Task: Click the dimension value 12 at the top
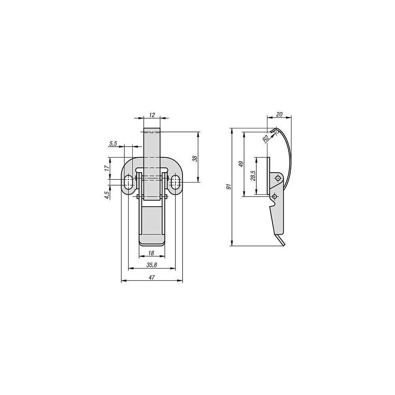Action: [x=152, y=115]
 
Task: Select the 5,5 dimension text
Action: [x=113, y=144]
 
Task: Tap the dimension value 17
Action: [x=107, y=168]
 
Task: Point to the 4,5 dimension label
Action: [x=107, y=195]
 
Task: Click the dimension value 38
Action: [x=195, y=158]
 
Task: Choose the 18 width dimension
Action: [x=151, y=253]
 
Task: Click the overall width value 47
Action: [x=151, y=278]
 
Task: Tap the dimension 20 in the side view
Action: [x=279, y=115]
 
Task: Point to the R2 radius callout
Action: [x=265, y=139]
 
